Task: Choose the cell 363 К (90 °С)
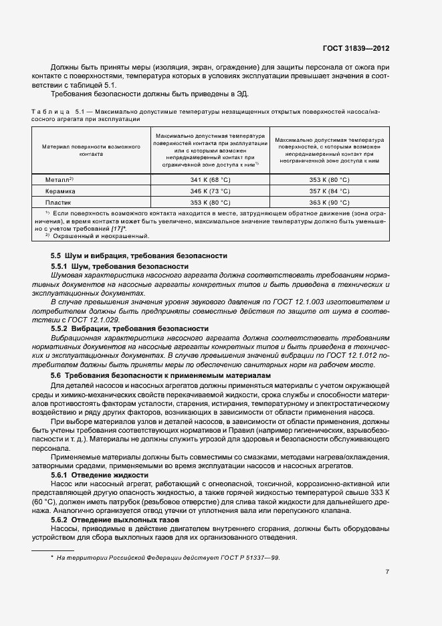tap(329, 201)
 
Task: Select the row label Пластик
tap(58, 201)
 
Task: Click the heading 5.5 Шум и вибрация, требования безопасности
tap(139, 255)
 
